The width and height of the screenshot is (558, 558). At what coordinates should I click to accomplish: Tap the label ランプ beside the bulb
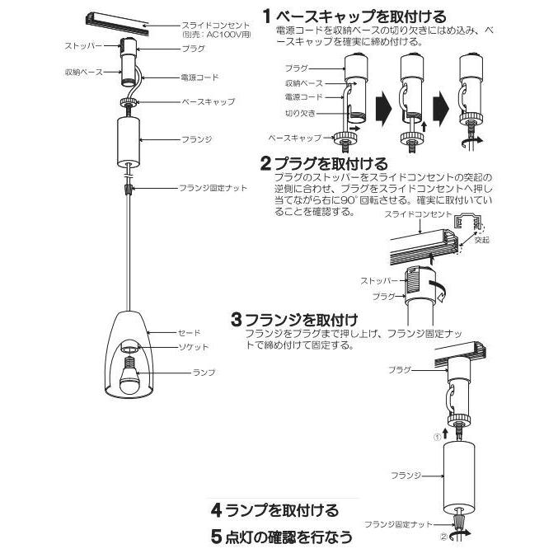[203, 373]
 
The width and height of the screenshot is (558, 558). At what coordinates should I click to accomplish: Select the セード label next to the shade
[190, 333]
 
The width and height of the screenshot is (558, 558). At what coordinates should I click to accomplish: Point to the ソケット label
[195, 347]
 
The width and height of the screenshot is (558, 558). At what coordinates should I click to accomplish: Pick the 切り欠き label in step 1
[299, 113]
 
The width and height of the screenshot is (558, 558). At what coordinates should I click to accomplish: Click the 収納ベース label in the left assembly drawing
[84, 73]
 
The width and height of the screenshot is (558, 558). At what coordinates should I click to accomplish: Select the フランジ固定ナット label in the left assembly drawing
[213, 189]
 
